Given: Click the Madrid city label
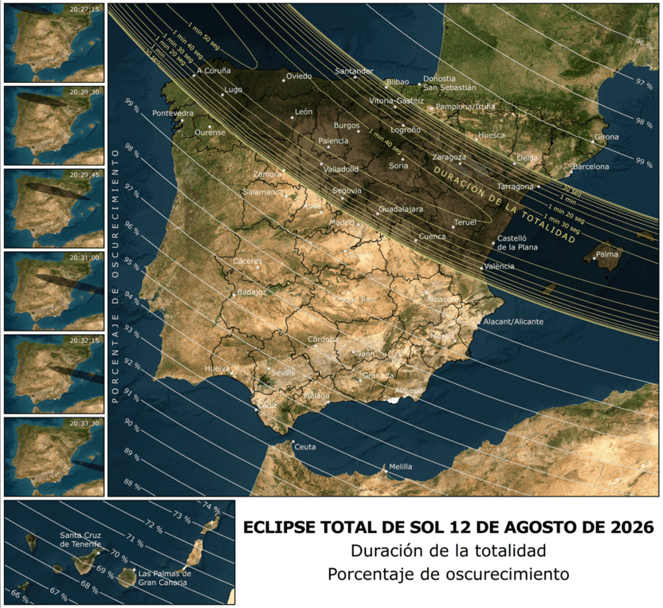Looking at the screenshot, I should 341,222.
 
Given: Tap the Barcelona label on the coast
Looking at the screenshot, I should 590,167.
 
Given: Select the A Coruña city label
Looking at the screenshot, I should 213,71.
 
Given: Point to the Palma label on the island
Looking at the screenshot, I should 606,254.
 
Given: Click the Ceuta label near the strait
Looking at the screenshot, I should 304,447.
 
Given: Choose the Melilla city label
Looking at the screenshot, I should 401,467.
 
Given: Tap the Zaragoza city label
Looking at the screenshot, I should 449,157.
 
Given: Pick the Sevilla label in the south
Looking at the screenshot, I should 283,372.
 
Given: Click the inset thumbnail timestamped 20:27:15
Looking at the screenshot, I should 53,42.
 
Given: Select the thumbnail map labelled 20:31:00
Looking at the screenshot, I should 53,291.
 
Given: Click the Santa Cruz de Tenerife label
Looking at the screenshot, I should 80,539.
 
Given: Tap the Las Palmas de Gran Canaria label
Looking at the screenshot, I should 163,578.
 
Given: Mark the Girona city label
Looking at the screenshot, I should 606,137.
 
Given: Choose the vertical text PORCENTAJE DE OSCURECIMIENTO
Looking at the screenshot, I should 116,275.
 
